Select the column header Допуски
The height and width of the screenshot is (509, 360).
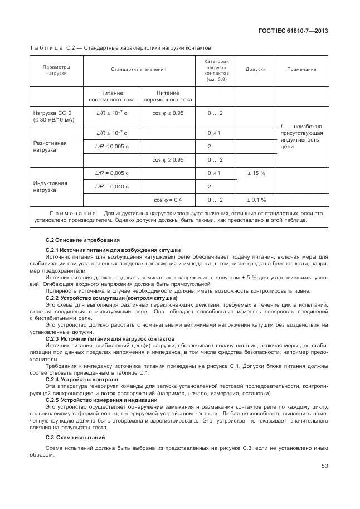click(256, 70)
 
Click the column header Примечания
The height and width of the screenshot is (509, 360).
click(301, 70)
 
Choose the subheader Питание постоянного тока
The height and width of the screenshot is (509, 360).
click(111, 96)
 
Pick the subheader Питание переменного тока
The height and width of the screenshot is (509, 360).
click(168, 96)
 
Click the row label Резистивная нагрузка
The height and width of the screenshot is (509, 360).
click(50, 147)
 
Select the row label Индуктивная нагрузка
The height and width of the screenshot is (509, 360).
click(50, 187)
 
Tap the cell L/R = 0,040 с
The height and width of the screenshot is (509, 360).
click(111, 186)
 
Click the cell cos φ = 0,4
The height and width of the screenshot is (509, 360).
click(168, 200)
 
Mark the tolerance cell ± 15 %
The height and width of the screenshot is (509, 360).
click(256, 173)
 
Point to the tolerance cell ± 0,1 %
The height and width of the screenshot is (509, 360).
click(256, 200)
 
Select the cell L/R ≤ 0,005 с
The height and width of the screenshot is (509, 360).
click(111, 147)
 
